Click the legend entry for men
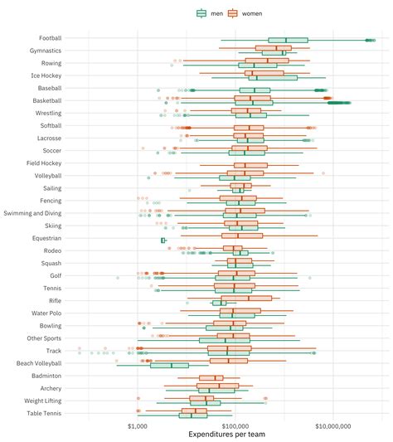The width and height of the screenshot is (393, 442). [x=210, y=13]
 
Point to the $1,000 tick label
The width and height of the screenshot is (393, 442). [x=138, y=425]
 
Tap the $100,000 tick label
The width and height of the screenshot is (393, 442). [x=235, y=425]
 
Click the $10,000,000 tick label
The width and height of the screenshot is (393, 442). [x=332, y=425]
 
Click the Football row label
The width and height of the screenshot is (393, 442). [x=50, y=38]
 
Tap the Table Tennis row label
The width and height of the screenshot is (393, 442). [x=44, y=413]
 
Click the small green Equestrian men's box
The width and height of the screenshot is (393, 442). [x=163, y=240]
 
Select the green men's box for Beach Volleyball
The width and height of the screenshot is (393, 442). [x=169, y=366]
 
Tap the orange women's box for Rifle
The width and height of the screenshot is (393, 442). [x=248, y=298]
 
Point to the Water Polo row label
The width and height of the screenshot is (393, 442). [x=46, y=313]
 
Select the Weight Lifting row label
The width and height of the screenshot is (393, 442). [x=42, y=401]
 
